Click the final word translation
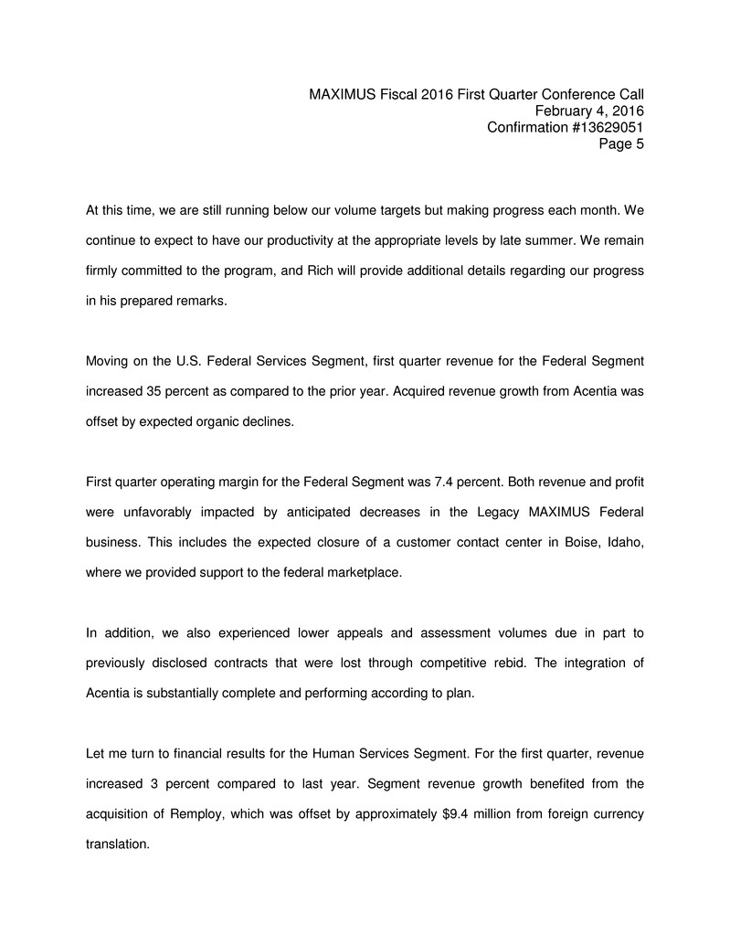pos(117,844)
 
